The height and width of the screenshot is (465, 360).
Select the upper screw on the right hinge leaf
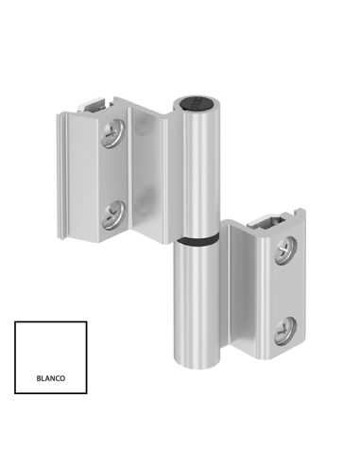point(284,250)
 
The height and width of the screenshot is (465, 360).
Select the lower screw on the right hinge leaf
point(284,330)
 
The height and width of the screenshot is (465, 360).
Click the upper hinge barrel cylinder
point(197,170)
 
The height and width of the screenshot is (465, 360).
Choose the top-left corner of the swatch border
point(16,322)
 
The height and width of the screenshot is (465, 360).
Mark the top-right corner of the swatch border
point(86,322)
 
